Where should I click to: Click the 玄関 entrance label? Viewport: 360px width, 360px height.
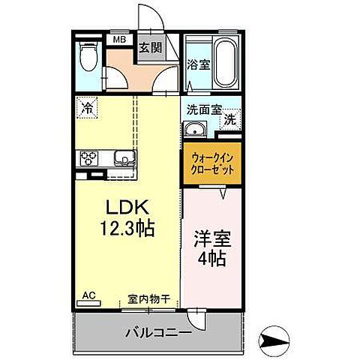click(x=150, y=48)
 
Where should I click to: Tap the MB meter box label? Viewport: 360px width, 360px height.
click(x=120, y=40)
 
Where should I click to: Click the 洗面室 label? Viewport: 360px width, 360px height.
click(x=204, y=109)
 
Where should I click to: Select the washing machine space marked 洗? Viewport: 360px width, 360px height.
click(x=231, y=118)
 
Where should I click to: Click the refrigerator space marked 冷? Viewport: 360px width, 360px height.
click(x=88, y=108)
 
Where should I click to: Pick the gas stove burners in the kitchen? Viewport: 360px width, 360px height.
click(x=89, y=157)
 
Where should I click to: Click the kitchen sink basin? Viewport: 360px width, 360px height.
click(x=123, y=157)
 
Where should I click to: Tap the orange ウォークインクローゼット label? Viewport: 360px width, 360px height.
click(x=211, y=164)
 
